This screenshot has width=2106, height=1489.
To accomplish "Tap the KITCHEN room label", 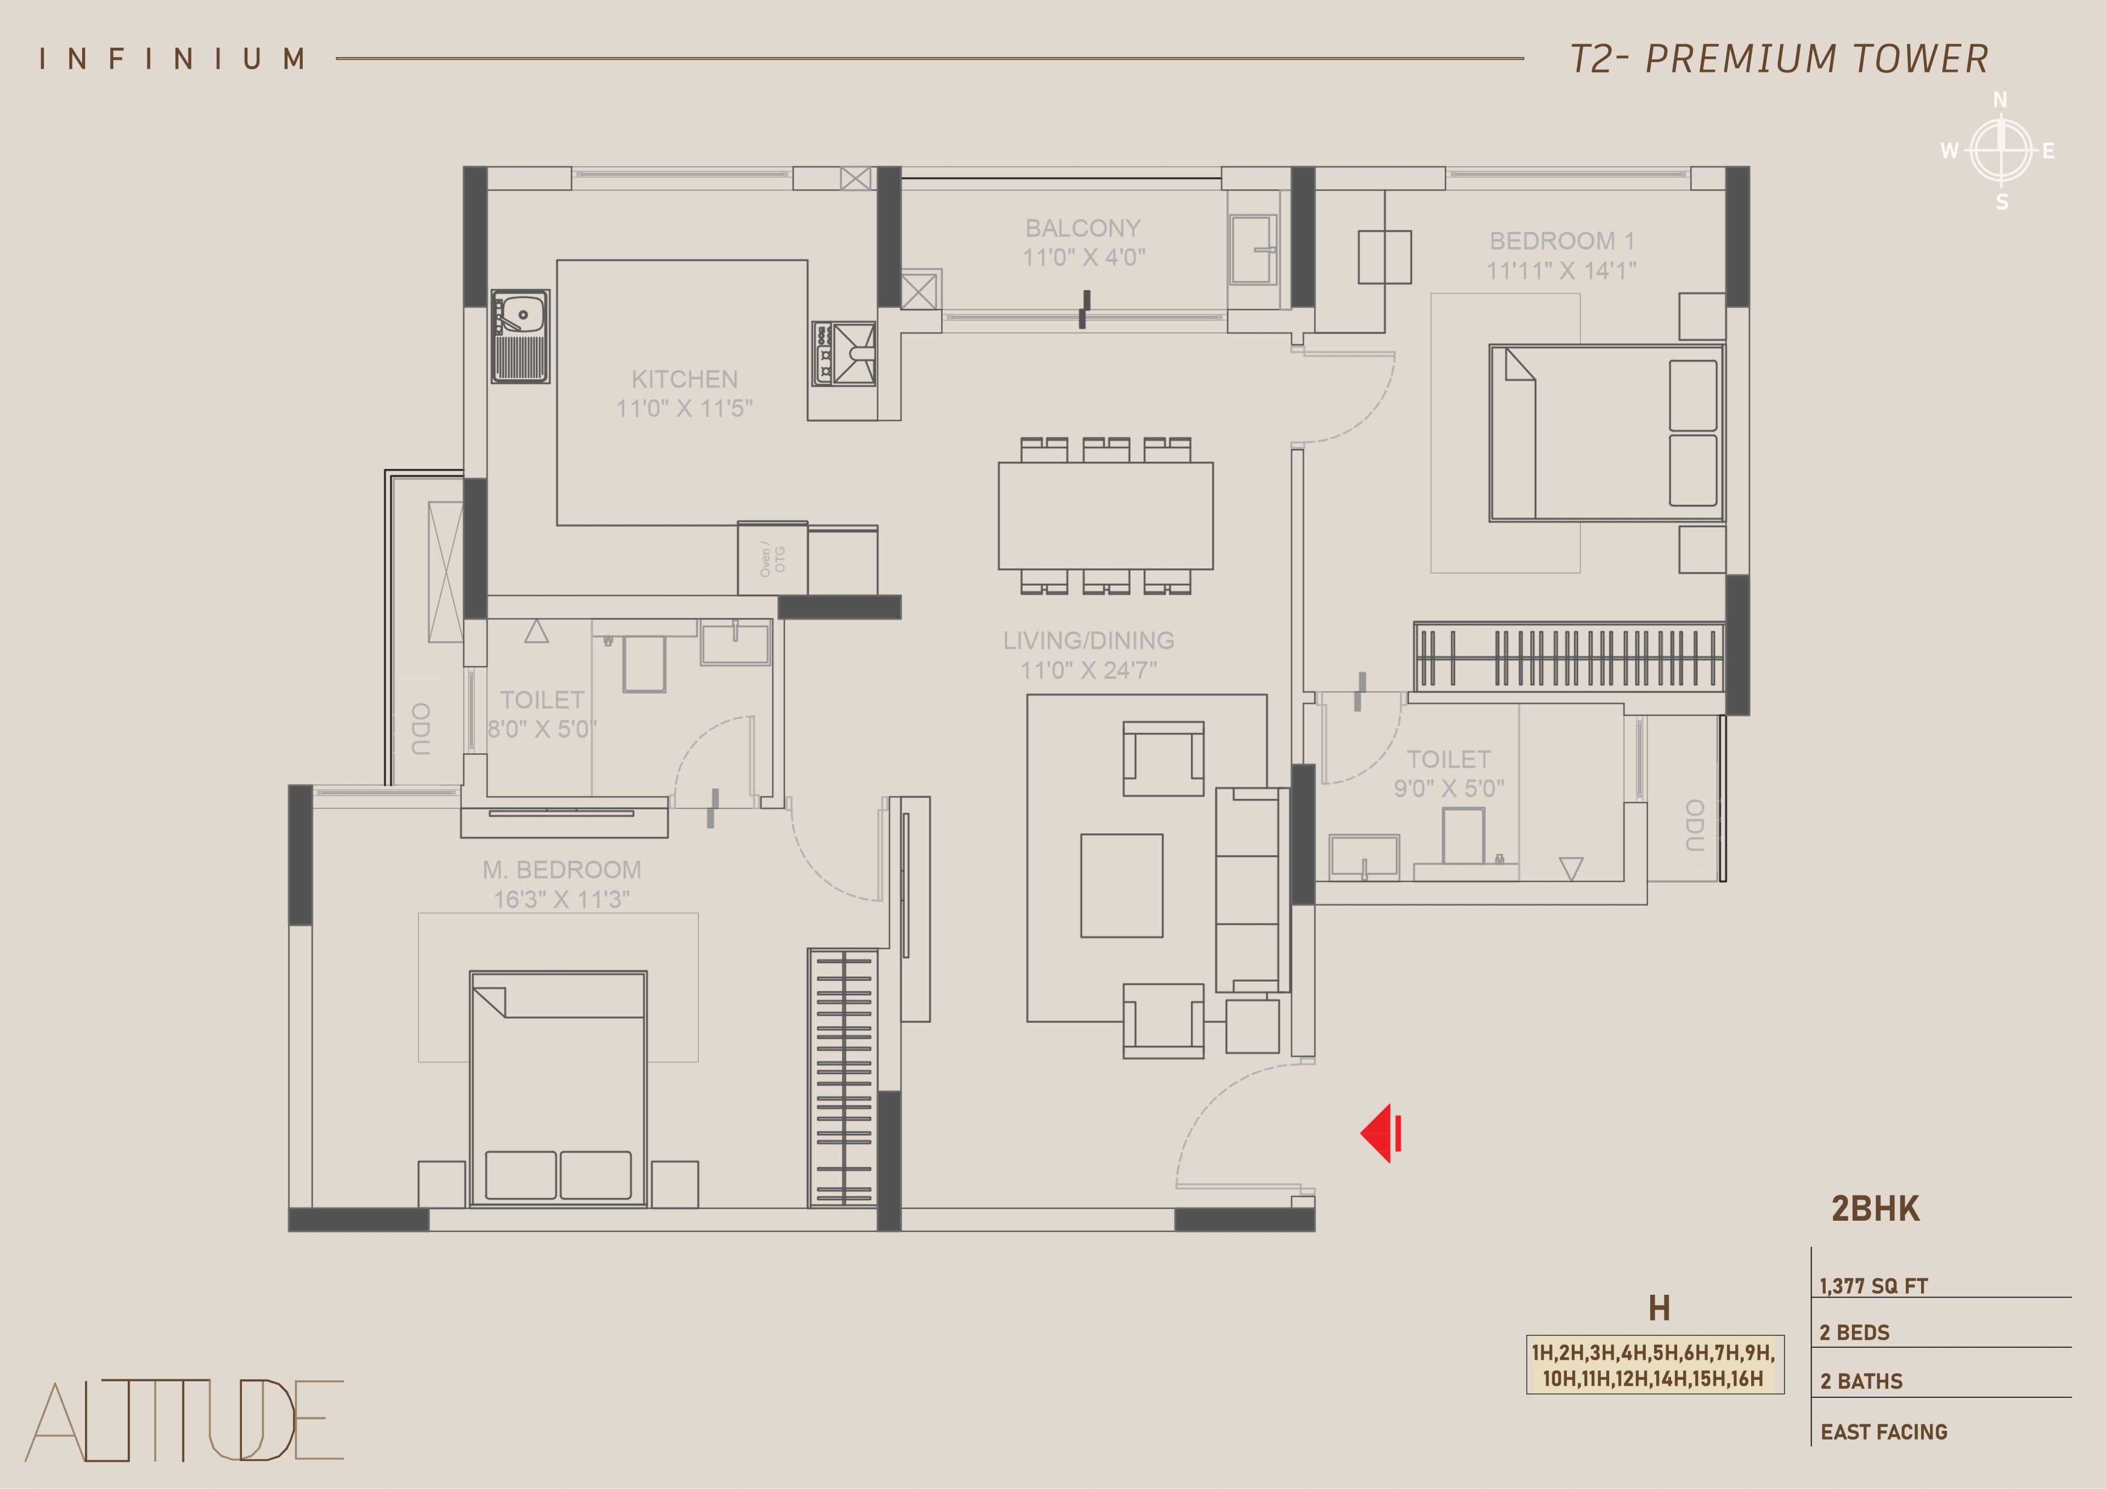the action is (x=684, y=379).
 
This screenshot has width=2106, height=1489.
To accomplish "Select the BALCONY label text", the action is (x=1083, y=228).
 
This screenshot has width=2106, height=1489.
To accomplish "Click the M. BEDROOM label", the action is (x=562, y=870).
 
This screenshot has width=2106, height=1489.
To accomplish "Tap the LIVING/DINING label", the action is (x=1088, y=640).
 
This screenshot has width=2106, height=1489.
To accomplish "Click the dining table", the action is (x=1105, y=516).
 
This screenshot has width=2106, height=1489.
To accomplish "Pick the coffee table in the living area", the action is (x=1122, y=885).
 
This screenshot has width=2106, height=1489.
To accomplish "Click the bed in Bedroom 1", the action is (x=1606, y=433).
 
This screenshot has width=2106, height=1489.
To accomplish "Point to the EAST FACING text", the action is (x=1884, y=1431).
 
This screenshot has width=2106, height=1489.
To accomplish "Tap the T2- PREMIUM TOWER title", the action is (x=1780, y=59).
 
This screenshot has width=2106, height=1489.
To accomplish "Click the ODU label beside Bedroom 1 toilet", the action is (x=1694, y=825).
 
